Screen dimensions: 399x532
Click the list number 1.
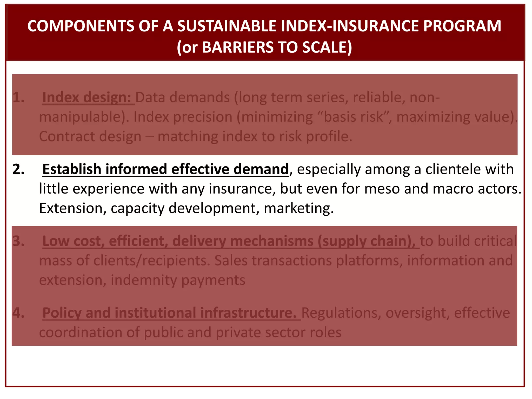coord(18,98)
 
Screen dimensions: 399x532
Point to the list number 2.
coord(18,169)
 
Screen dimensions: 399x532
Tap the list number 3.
coord(18,241)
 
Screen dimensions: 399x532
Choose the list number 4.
coord(18,313)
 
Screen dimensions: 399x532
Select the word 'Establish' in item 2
coord(72,169)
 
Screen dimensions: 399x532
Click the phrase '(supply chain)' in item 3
coord(366,241)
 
